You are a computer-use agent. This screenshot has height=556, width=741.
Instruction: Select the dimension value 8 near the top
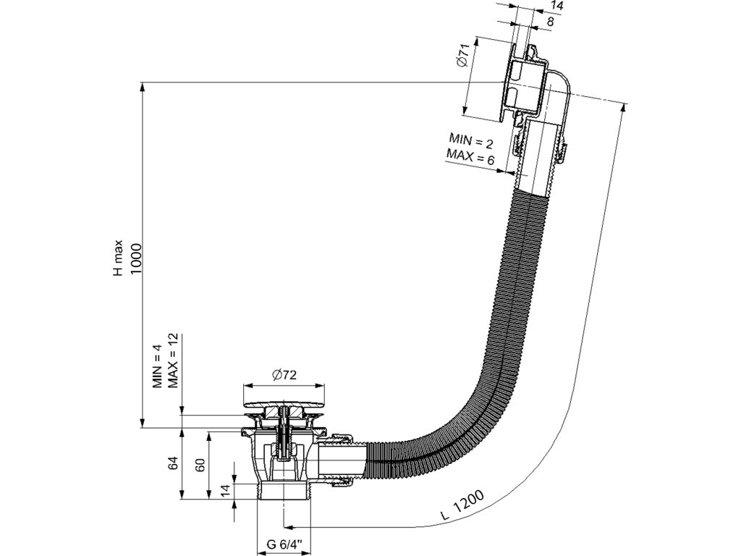coord(551,22)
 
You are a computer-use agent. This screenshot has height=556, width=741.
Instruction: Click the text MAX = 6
coord(470,156)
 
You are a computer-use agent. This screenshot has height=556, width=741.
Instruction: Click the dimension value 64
coord(174,463)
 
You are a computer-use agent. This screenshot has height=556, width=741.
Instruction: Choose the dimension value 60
coord(200,463)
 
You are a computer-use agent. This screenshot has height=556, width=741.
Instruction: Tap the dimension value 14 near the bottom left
coord(226,491)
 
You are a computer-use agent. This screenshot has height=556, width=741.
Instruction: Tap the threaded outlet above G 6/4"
coord(284,500)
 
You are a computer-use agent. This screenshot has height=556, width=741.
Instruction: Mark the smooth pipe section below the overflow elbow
coord(540,156)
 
